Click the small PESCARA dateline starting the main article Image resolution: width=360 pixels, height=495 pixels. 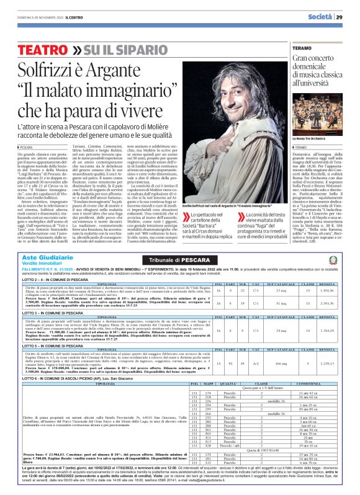point(26,148)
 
